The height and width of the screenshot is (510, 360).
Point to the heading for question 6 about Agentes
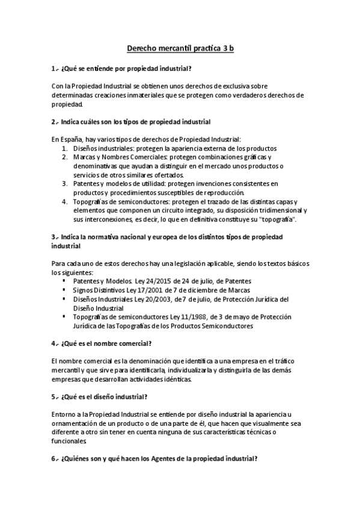(x=155, y=458)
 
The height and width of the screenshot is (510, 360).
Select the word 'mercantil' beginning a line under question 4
(x=66, y=370)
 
